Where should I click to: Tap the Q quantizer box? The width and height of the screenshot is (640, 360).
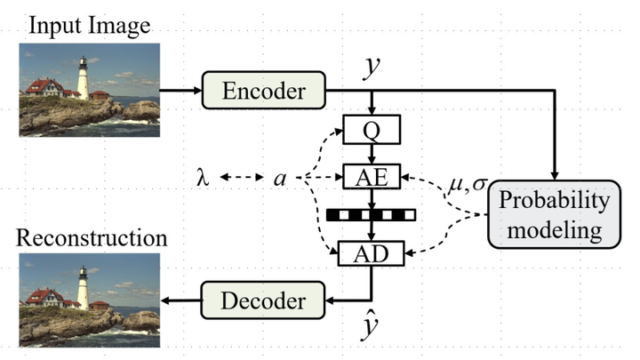[372, 131]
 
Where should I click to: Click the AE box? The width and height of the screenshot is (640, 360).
[372, 174]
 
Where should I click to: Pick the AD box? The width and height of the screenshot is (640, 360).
[372, 252]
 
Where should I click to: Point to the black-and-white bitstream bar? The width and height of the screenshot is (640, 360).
[372, 214]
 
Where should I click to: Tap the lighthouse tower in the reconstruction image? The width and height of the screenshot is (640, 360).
[83, 288]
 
